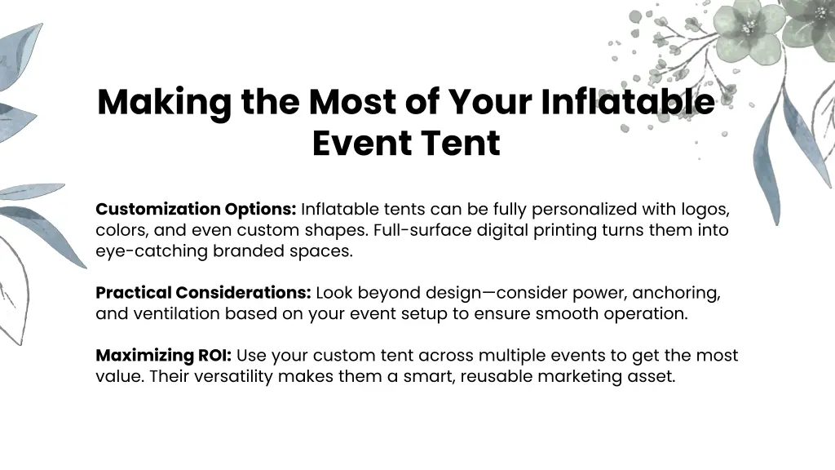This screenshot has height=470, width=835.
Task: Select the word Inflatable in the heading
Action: (x=627, y=102)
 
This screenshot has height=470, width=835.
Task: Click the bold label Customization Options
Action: (x=196, y=210)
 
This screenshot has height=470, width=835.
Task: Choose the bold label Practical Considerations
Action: (x=203, y=293)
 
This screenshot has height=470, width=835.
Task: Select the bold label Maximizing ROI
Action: (x=164, y=356)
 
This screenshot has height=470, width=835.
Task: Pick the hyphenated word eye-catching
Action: (x=152, y=251)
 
